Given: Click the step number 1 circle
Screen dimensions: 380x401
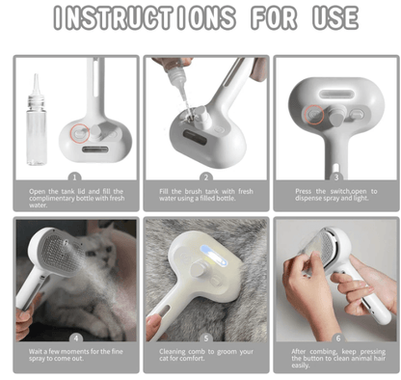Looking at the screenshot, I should tap(75, 177).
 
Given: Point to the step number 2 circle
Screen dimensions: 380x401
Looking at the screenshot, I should tap(205, 177).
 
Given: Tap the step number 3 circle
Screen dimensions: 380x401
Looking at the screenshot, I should tap(335, 177).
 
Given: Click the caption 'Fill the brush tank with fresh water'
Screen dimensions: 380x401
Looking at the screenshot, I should tap(205, 196).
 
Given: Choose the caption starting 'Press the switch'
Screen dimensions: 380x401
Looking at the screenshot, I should tap(335, 196).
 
